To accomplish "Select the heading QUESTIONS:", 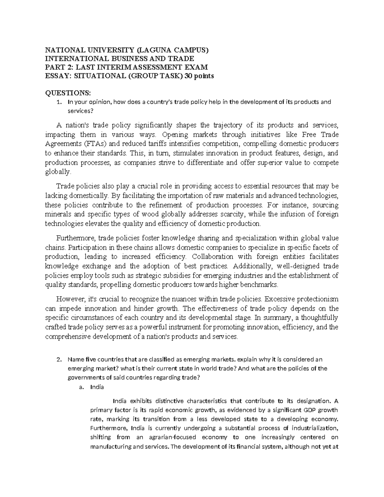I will (68, 93).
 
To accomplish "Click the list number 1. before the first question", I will (58, 102).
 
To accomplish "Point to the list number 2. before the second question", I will (58, 359).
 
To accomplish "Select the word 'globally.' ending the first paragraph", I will (57, 172).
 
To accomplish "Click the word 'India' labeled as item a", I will (97, 387).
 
